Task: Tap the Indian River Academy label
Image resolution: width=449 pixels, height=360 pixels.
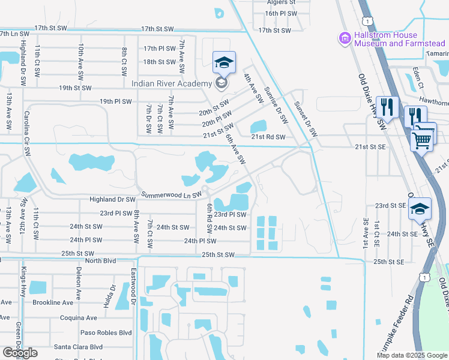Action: pyautogui.click(x=172, y=83)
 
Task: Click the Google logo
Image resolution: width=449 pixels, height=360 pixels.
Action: pyautogui.click(x=20, y=353)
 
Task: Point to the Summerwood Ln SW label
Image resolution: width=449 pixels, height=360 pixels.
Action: pyautogui.click(x=171, y=195)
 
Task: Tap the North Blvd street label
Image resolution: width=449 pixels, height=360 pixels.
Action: pyautogui.click(x=100, y=260)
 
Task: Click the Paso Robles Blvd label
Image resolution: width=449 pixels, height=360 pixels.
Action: pyautogui.click(x=106, y=332)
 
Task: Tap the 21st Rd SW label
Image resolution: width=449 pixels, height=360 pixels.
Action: pyautogui.click(x=269, y=137)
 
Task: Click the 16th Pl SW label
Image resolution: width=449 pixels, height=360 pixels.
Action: pyautogui.click(x=281, y=13)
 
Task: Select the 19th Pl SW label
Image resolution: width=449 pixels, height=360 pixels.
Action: pyautogui.click(x=116, y=101)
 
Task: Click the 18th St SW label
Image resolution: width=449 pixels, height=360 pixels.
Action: pyautogui.click(x=159, y=62)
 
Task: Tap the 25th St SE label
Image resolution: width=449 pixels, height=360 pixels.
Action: pyautogui.click(x=389, y=262)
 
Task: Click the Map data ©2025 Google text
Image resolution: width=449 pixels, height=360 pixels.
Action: pyautogui.click(x=411, y=355)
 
